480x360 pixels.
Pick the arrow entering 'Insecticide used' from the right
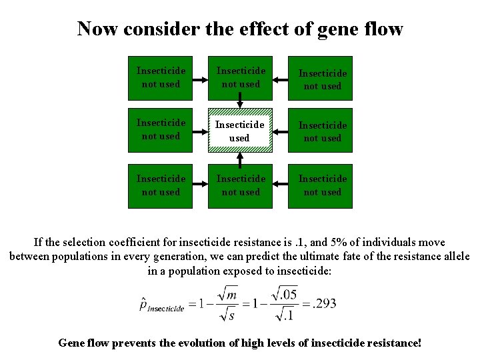(x=280, y=130)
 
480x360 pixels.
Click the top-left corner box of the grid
(x=161, y=77)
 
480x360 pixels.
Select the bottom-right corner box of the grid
(x=322, y=185)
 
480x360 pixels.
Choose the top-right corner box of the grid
(x=322, y=79)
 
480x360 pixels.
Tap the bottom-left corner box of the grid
(x=161, y=185)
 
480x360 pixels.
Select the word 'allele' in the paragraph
(x=453, y=257)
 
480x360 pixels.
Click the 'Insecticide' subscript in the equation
(x=165, y=309)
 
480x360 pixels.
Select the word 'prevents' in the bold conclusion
(x=144, y=343)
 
